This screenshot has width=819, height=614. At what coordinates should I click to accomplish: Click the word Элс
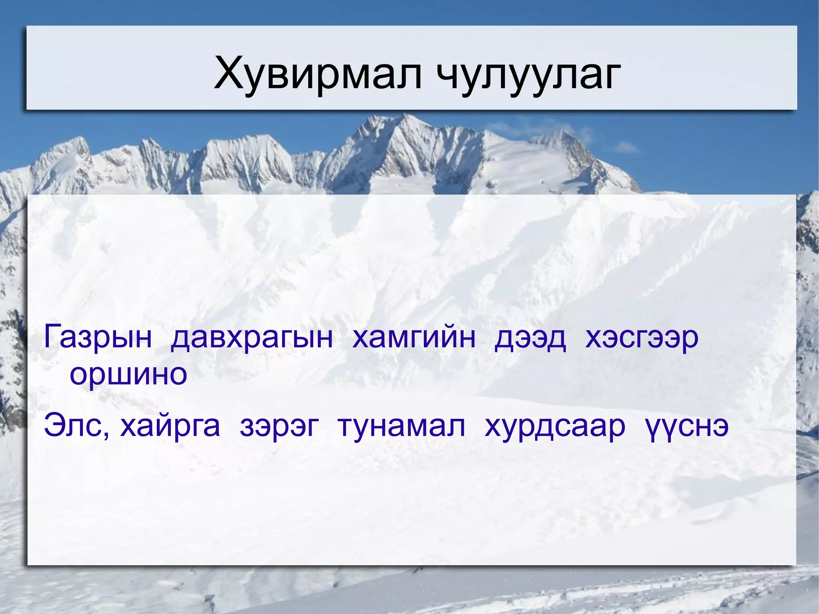tap(75, 426)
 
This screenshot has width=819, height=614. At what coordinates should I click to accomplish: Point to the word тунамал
tap(402, 426)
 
